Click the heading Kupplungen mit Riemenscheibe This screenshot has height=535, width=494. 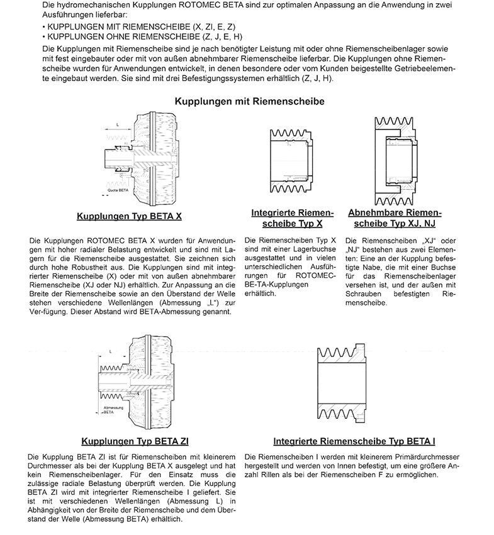pyautogui.click(x=249, y=101)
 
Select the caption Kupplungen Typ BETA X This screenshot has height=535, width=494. pyautogui.click(x=129, y=216)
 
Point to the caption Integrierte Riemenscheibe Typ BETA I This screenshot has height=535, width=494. pyautogui.click(x=354, y=441)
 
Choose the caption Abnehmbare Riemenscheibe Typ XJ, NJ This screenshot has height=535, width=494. pyautogui.click(x=395, y=218)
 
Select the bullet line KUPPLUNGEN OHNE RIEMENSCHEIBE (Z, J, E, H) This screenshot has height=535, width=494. pyautogui.click(x=142, y=37)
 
